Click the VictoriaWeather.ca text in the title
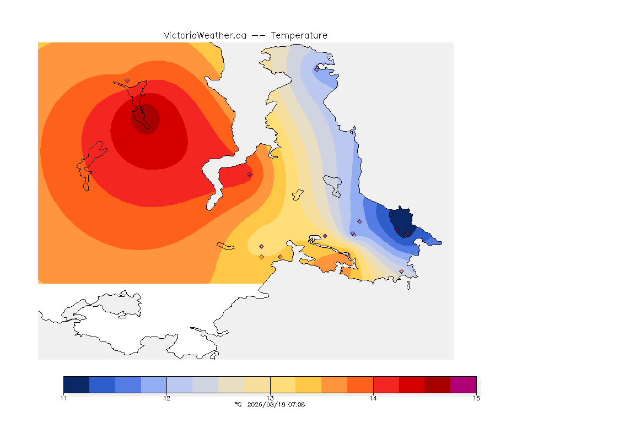205,36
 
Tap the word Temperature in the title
299,36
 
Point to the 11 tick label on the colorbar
63,398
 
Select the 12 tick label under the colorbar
167,398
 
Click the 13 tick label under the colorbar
270,398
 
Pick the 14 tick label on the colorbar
373,398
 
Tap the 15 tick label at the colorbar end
476,398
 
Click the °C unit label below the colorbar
238,404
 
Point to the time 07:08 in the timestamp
295,404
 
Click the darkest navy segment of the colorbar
77,384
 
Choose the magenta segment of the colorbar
463,384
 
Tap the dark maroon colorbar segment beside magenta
437,384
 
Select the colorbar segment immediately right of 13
283,384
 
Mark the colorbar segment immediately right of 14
386,384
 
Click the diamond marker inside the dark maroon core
143,111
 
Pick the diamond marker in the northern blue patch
317,69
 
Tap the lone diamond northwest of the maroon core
127,80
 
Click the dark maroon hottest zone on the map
146,118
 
